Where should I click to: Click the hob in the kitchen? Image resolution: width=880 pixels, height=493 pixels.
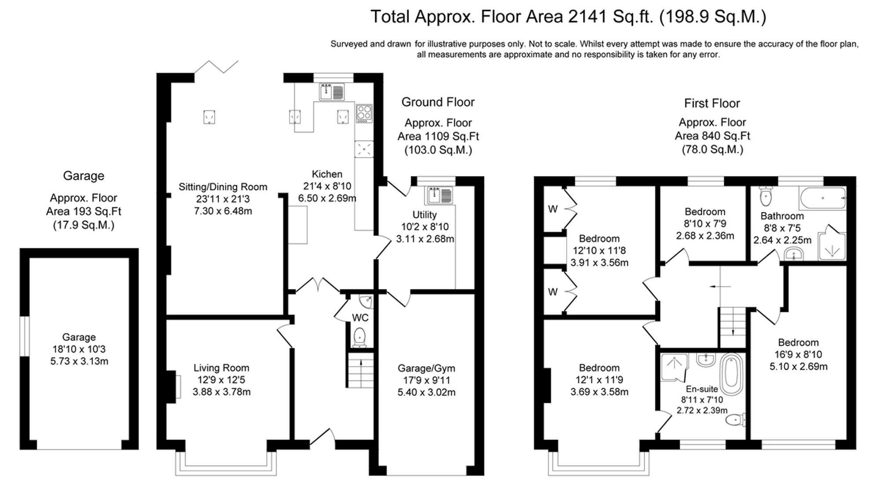coord(364,114)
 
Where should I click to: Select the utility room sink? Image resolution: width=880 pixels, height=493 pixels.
coord(439,195)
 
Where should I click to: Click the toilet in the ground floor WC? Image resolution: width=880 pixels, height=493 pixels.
coord(359,337)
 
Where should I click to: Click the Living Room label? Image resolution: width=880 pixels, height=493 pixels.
coord(221,368)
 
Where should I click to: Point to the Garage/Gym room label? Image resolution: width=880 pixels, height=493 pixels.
coord(426,368)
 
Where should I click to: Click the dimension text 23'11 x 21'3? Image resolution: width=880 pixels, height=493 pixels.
coord(223,199)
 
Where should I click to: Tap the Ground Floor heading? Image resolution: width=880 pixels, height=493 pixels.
coord(438,102)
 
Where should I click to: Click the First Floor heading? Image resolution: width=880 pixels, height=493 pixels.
coord(712,103)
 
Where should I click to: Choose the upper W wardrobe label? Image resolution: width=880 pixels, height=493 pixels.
coord(553,209)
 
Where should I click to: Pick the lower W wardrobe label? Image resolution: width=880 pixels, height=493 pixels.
coord(553,292)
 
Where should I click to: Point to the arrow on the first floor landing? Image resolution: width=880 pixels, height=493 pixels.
coord(720,287)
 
